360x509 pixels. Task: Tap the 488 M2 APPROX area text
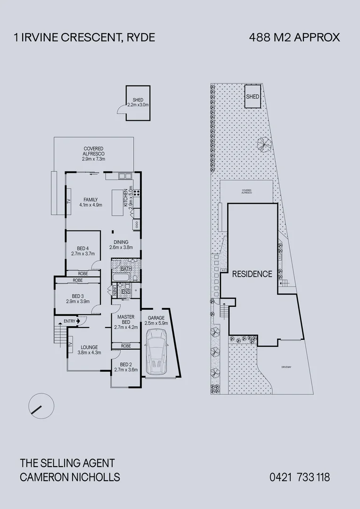pyautogui.click(x=294, y=38)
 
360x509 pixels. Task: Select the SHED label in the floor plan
pyautogui.click(x=138, y=102)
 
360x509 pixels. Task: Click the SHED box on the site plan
pyautogui.click(x=253, y=96)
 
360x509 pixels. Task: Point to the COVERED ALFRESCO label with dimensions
pyautogui.click(x=94, y=154)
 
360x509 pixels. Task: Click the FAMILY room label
pyautogui.click(x=90, y=202)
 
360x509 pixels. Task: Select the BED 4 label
pyautogui.click(x=82, y=251)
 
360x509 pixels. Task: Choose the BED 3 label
pyautogui.click(x=77, y=298)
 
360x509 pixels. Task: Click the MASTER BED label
pyautogui.click(x=126, y=321)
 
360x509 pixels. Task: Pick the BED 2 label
pyautogui.click(x=126, y=367)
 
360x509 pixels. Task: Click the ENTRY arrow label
pyautogui.click(x=72, y=321)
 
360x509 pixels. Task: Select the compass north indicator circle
pyautogui.click(x=41, y=405)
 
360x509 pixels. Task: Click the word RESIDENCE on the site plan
pyautogui.click(x=252, y=274)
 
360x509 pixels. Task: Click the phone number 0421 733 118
pyautogui.click(x=300, y=477)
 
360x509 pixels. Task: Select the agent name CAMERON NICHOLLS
pyautogui.click(x=70, y=477)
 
